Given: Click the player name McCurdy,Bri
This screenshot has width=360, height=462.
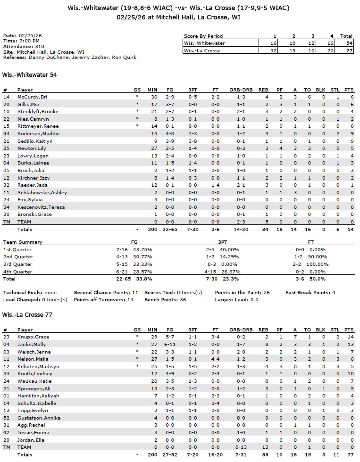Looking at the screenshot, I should tap(29, 97).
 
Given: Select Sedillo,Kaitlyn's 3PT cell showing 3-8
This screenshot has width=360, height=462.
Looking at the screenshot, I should tap(193, 141).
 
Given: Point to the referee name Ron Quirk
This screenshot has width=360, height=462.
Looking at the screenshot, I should tap(125, 58).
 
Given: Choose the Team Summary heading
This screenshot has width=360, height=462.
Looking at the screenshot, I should tap(23, 242).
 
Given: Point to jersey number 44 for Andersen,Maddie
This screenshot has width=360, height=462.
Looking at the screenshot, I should tap(6, 133).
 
